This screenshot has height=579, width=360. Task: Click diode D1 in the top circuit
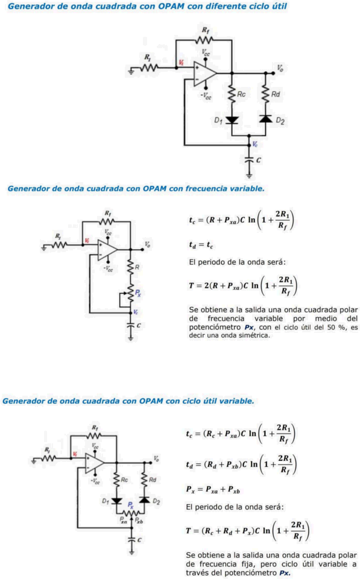pos(232,120)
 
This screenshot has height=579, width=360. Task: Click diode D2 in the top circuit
pos(266,119)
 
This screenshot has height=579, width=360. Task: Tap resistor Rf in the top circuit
pos(204,40)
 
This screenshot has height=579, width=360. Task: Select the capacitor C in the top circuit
pos(249,160)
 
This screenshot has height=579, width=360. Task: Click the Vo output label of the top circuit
pos(280,68)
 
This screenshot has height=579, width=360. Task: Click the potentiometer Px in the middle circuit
pos(130,293)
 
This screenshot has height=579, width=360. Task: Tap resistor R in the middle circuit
pos(130,267)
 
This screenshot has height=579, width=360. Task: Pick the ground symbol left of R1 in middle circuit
pos(44,248)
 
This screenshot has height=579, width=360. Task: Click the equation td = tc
pos(201,244)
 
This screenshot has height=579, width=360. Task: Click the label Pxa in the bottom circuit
pos(124,521)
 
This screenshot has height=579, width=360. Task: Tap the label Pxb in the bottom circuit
pos(139,521)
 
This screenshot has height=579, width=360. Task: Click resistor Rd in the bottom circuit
pos(144,479)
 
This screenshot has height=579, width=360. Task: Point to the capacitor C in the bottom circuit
pos(132,539)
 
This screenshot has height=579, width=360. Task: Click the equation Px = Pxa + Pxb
pos(213,490)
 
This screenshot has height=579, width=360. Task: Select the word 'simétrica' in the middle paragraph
pos(255,336)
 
